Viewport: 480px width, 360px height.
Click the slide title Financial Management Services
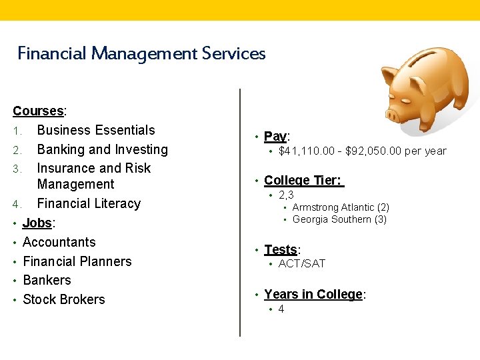click(141, 53)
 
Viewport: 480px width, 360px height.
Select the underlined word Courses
click(38, 111)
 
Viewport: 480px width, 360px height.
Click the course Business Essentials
click(96, 130)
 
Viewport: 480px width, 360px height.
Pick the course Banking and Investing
click(102, 149)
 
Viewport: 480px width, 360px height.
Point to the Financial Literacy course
click(89, 203)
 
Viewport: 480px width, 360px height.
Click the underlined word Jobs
click(37, 223)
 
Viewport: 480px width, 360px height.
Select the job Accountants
click(59, 242)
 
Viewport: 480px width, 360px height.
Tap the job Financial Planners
click(77, 261)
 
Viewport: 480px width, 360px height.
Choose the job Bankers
click(47, 280)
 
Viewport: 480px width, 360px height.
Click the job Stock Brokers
click(64, 299)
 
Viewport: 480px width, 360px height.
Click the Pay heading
click(275, 137)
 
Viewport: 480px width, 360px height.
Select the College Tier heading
click(303, 180)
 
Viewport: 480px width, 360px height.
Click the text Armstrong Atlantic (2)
click(341, 207)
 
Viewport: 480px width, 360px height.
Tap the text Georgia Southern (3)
click(339, 219)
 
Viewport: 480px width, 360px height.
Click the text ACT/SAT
click(301, 263)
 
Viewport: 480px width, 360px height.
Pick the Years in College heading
click(313, 295)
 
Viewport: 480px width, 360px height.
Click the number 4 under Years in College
click(281, 309)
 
